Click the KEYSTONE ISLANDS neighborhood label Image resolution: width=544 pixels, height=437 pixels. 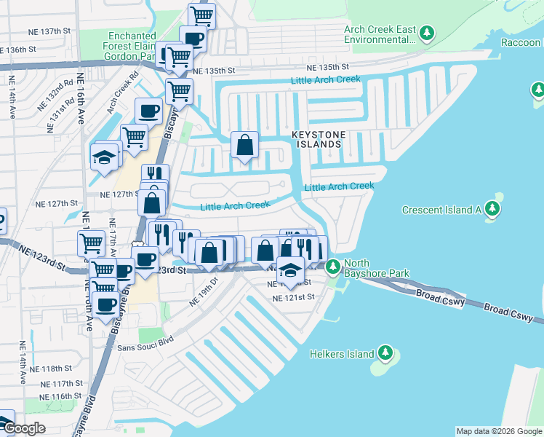tap(316, 140)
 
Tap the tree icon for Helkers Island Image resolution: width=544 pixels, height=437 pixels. tap(385, 355)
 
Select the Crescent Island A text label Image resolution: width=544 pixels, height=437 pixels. tap(442, 210)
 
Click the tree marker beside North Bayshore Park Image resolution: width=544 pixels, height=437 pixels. tap(332, 267)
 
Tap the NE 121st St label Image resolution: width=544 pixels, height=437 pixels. tap(293, 297)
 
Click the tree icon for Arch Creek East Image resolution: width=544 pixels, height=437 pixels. tap(427, 34)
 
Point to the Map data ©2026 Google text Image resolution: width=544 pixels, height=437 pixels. tap(498, 431)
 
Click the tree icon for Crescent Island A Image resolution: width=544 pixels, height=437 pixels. tap(494, 210)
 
